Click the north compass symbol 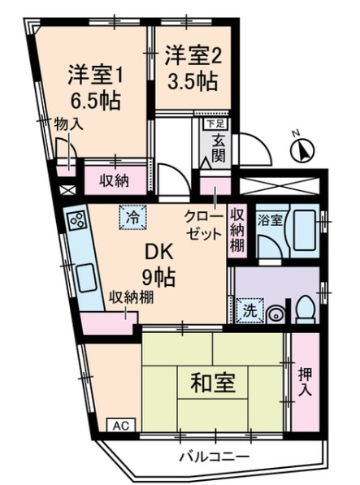click(301, 149)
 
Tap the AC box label click(121, 426)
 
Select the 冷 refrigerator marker click(133, 218)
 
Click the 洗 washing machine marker click(250, 310)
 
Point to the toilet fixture click(306, 310)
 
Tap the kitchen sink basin click(88, 278)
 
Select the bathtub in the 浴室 click(304, 230)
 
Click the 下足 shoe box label click(215, 123)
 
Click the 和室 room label click(213, 383)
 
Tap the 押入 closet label click(306, 383)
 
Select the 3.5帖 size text click(192, 81)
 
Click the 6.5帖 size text click(95, 101)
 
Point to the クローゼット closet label click(203, 225)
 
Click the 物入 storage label click(68, 124)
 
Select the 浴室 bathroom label click(270, 220)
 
